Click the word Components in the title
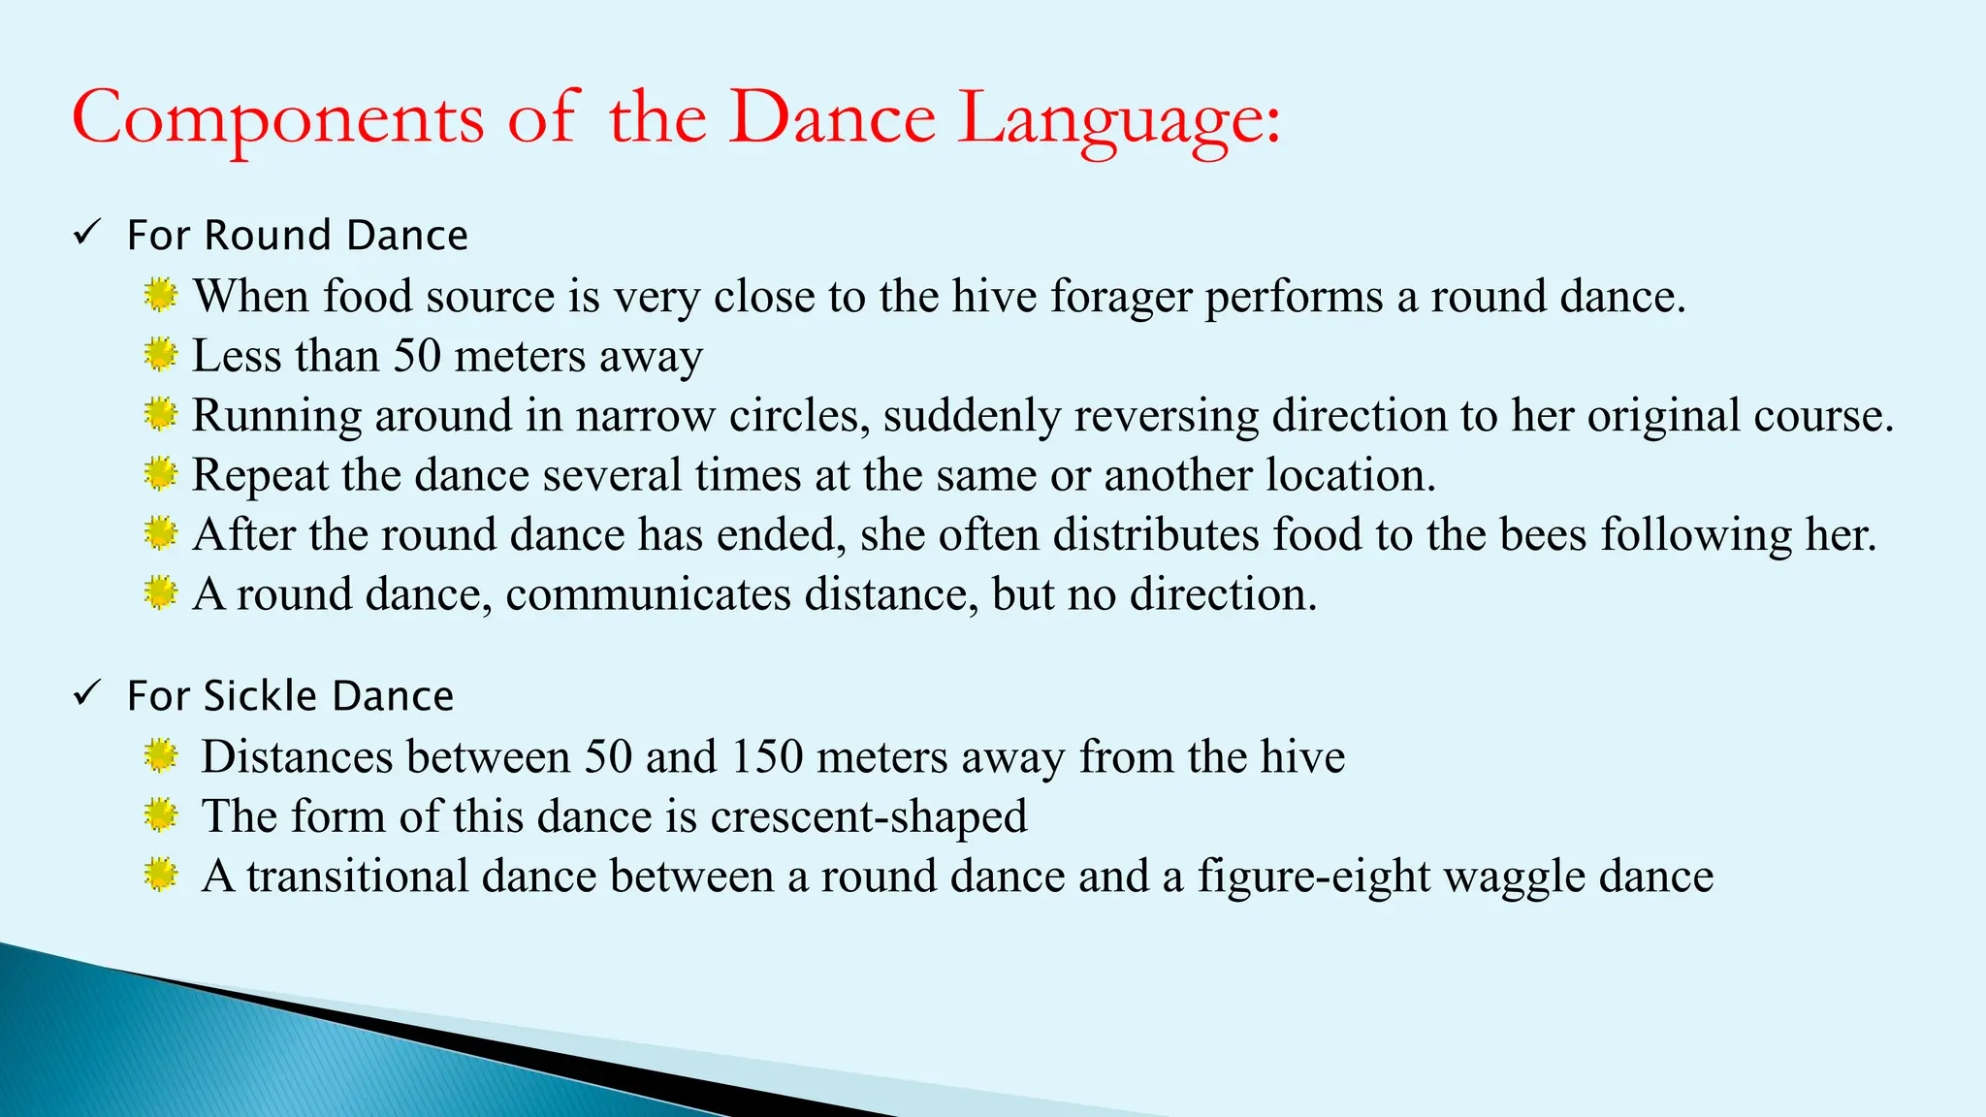point(277,118)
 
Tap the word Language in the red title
point(1118,120)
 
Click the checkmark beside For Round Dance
point(87,233)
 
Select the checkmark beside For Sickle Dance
point(87,693)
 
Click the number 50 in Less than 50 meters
point(417,356)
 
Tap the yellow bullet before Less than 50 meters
point(160,355)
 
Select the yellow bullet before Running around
point(160,415)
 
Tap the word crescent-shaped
point(869,816)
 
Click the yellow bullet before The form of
point(160,815)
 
